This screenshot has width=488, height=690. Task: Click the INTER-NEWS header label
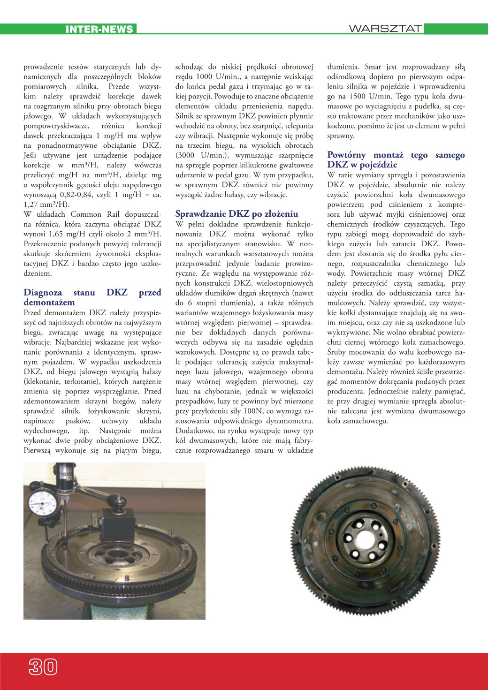click(99, 29)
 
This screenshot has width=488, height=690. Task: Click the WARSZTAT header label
click(385, 29)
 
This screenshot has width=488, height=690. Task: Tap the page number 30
click(43, 666)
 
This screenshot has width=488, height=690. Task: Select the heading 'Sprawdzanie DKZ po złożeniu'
click(236, 214)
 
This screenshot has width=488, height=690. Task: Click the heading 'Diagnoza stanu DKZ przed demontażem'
click(92, 297)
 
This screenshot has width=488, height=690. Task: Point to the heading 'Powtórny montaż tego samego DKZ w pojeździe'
click(396, 159)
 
